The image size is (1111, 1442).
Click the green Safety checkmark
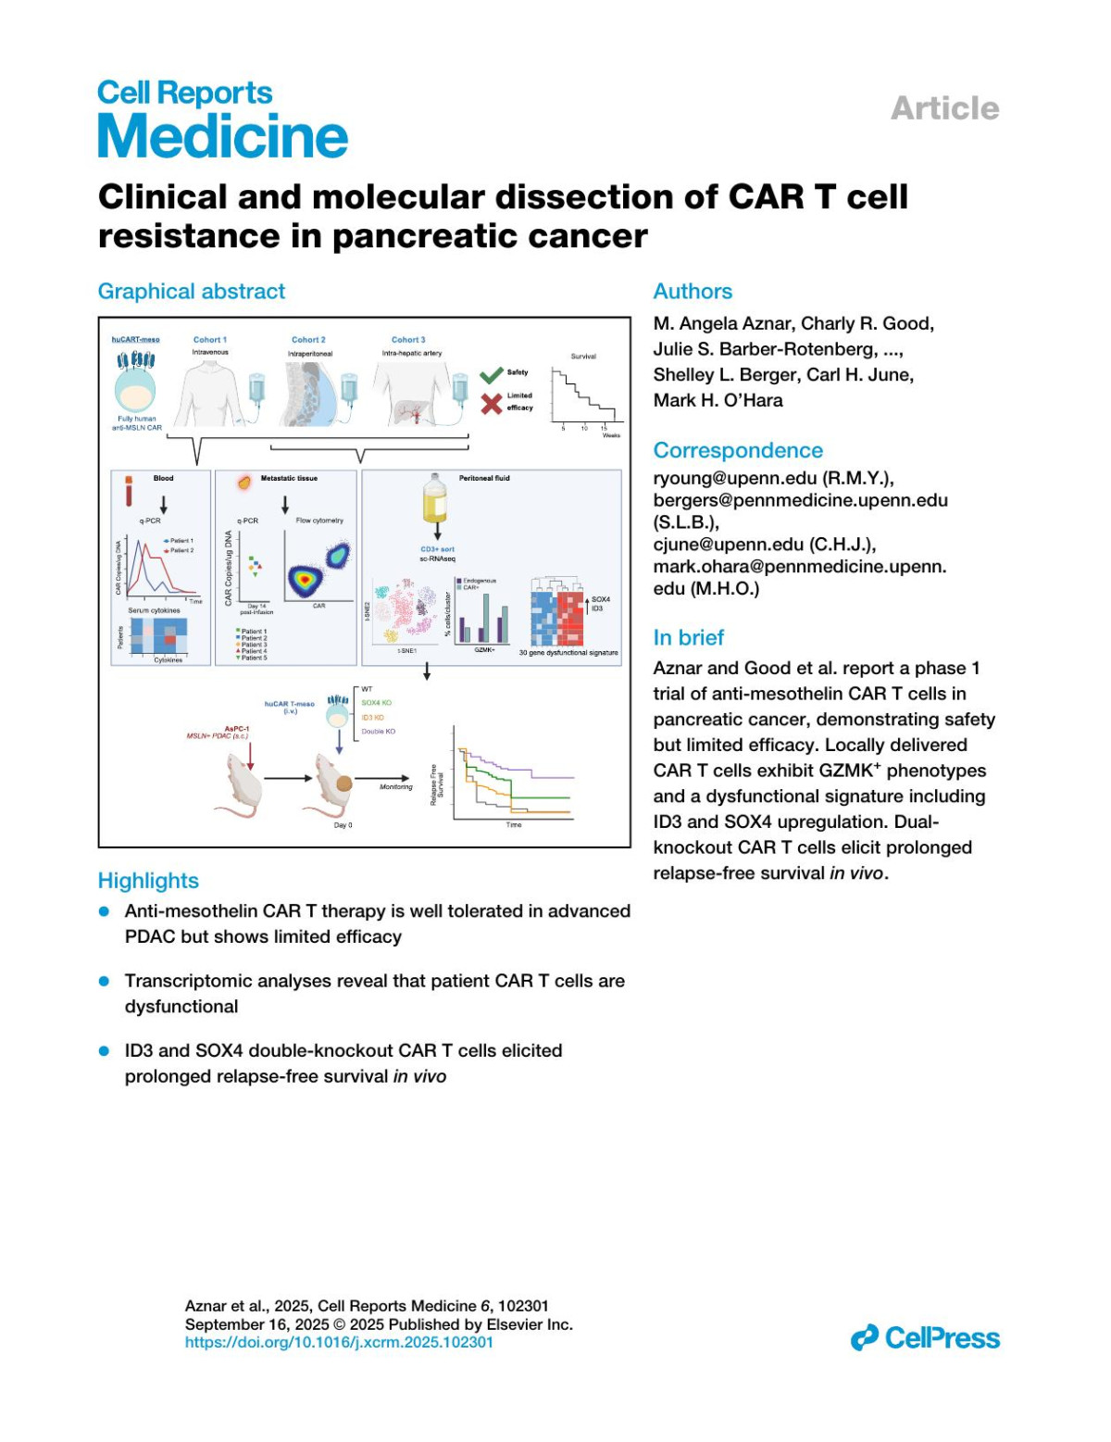[x=491, y=374]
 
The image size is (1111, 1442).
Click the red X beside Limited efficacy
[x=492, y=403]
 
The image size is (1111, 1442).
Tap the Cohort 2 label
[x=308, y=340]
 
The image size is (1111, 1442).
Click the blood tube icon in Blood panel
[x=128, y=492]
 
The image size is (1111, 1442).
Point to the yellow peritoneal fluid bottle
[x=436, y=501]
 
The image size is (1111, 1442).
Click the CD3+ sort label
[x=437, y=549]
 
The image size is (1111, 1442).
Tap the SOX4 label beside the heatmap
[x=600, y=599]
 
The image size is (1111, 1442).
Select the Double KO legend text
[x=378, y=732]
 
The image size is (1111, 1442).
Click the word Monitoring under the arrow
[x=396, y=787]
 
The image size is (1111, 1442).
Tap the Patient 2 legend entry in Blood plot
[x=179, y=550]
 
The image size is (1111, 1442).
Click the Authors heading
[x=693, y=292]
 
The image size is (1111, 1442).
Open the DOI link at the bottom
[x=339, y=1342]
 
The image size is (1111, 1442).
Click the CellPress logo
[x=926, y=1338]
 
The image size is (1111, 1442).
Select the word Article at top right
[x=944, y=108]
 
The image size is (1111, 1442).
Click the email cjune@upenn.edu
[x=728, y=545]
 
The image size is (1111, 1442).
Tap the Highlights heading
[x=148, y=881]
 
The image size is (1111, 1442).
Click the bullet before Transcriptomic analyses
[x=105, y=981]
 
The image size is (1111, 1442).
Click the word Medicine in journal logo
[x=222, y=137]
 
